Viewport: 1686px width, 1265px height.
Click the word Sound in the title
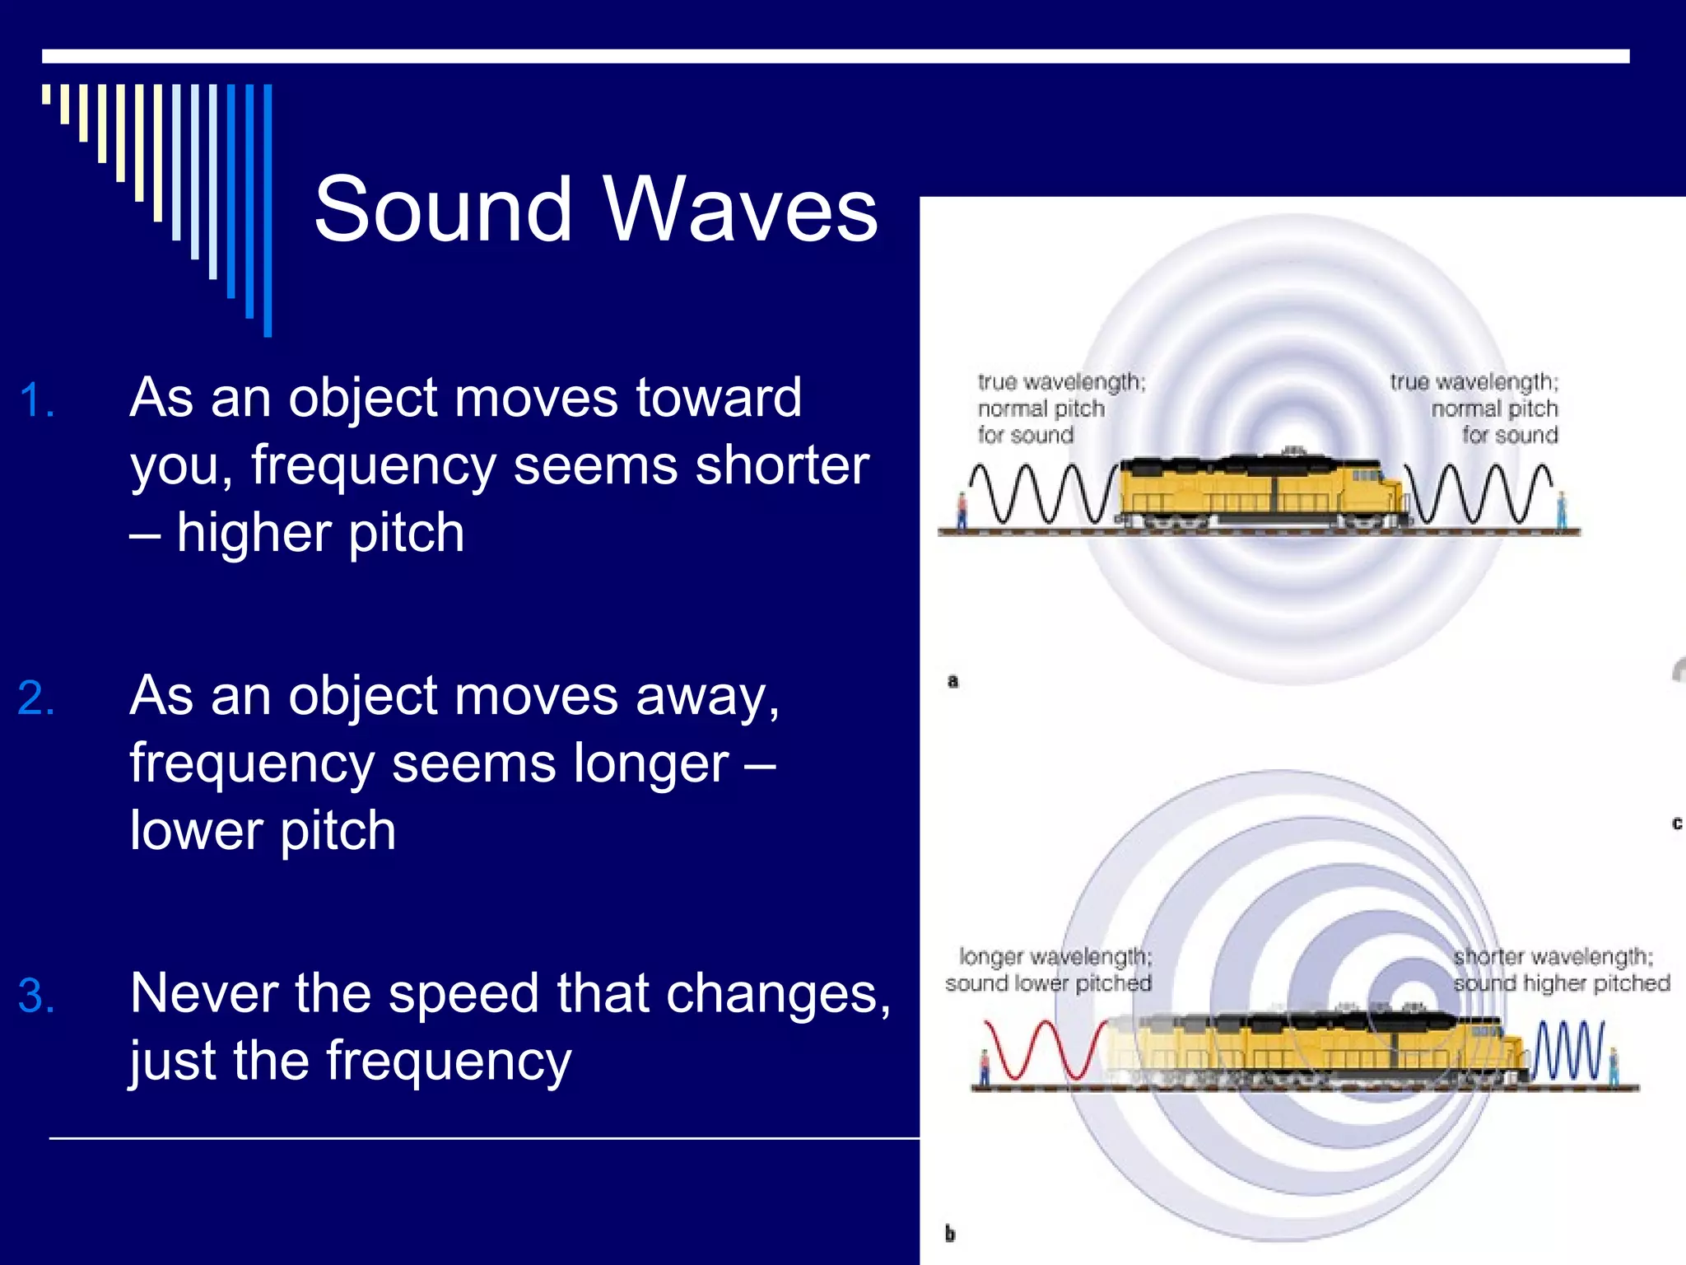click(x=442, y=210)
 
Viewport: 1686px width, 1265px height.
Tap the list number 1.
click(x=36, y=401)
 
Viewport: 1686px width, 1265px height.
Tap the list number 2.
click(x=36, y=699)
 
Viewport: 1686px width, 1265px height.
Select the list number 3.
click(x=36, y=997)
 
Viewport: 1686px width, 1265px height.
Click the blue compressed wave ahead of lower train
click(x=1569, y=1050)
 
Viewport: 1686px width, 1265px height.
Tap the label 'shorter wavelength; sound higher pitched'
click(x=1561, y=970)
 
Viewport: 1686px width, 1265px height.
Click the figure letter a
click(x=953, y=681)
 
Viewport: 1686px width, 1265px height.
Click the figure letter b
click(x=950, y=1234)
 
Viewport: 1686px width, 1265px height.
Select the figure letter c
click(x=1676, y=824)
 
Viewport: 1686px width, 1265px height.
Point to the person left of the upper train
click(x=961, y=511)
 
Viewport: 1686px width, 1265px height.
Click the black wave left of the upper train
click(x=1041, y=494)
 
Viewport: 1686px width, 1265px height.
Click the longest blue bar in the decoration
click(x=268, y=210)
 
